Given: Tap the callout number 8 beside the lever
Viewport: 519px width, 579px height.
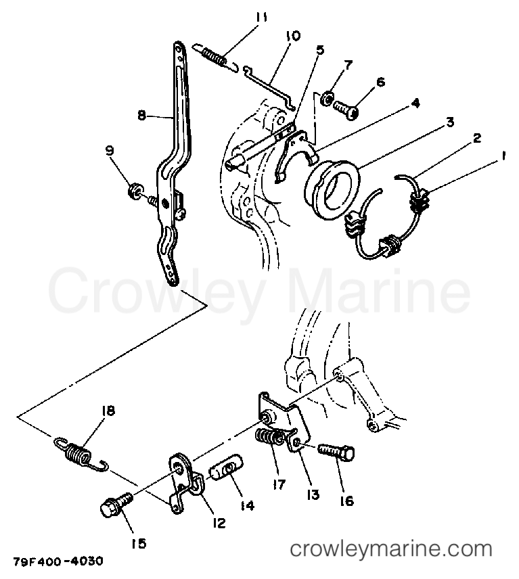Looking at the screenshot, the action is pos(141,115).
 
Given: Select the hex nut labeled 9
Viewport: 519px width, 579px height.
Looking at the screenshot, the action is pos(134,191).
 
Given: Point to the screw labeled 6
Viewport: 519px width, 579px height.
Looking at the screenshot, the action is pos(345,110).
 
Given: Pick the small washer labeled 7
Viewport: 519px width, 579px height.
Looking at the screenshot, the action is pos(327,99).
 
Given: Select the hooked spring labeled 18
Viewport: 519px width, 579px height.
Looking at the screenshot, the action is pos(79,453).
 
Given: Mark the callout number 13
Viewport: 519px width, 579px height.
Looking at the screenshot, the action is pos(313,494).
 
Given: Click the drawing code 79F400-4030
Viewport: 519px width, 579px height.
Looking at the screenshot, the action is pos(58,561).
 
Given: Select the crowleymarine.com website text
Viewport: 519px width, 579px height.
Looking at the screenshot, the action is pos(391,549).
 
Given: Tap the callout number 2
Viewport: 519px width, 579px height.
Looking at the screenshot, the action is pos(477,139).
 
